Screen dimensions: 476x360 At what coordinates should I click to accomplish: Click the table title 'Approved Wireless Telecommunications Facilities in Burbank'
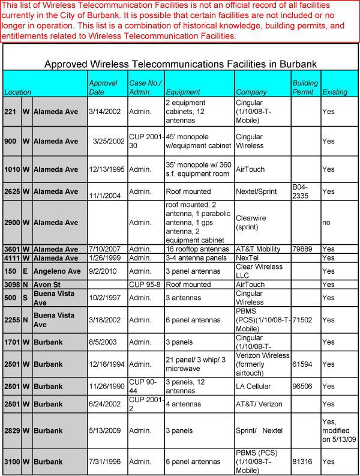[x=181, y=64]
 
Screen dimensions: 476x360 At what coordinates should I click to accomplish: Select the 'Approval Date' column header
[x=103, y=88]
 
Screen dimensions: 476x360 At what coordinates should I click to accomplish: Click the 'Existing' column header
[x=335, y=92]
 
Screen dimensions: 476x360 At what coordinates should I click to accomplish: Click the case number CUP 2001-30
[x=146, y=141]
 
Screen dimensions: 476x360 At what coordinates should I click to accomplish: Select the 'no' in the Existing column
[x=327, y=222]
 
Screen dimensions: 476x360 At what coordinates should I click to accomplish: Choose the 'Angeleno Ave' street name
[x=57, y=271]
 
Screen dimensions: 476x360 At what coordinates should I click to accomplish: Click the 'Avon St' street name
[x=47, y=285]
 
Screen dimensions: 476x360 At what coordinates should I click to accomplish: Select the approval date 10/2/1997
[x=105, y=298]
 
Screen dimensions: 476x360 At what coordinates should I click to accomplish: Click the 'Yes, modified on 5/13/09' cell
[x=338, y=430]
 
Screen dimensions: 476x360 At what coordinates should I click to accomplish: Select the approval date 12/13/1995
[x=107, y=169]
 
